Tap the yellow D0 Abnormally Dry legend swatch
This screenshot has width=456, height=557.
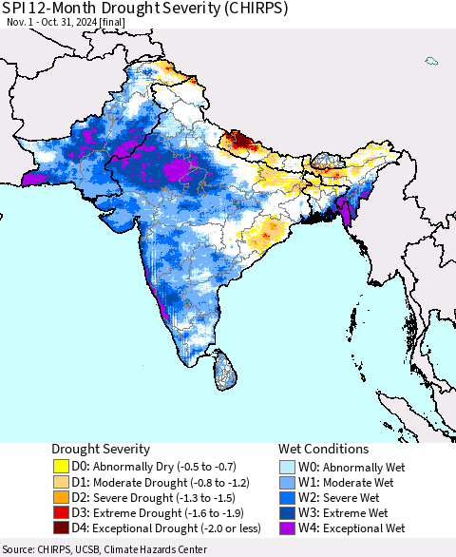[x=62, y=467]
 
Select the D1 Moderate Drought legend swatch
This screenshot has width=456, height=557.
[x=62, y=482]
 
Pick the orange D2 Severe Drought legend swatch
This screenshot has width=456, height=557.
[x=62, y=497]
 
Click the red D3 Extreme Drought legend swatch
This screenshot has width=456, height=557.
[x=62, y=512]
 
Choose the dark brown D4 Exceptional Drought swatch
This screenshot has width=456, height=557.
[x=62, y=528]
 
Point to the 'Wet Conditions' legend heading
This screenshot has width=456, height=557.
[x=323, y=449]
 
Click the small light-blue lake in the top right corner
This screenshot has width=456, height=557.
[x=431, y=61]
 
